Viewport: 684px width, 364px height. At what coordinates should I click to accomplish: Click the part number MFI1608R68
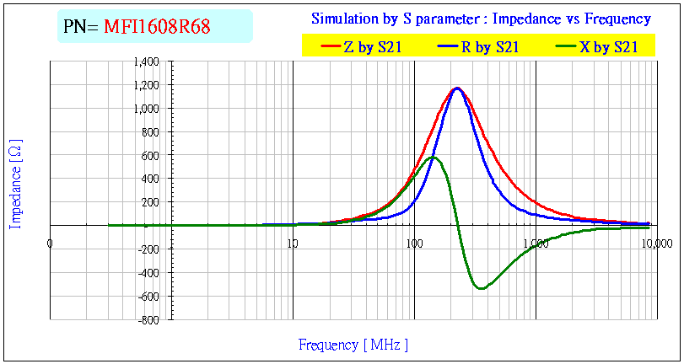[157, 27]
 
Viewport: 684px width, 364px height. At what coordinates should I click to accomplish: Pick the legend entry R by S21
[489, 47]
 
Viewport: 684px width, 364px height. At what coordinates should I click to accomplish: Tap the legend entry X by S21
[607, 47]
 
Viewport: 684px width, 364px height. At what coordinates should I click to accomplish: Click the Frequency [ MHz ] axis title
[353, 345]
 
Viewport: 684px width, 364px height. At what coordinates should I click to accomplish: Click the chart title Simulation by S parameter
[481, 19]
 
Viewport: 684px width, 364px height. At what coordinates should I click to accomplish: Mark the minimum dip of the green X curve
[481, 288]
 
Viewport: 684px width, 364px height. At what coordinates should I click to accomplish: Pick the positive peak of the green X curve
[433, 157]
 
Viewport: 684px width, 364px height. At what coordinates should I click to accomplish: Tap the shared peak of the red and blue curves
[457, 88]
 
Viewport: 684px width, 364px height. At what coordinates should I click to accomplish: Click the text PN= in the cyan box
[81, 27]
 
